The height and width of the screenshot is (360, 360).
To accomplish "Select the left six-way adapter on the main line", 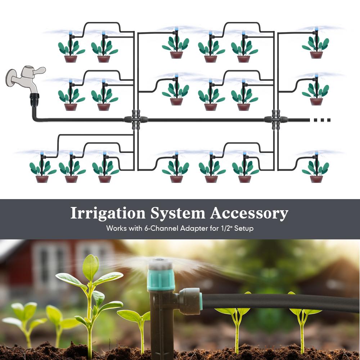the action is pyautogui.click(x=136, y=120).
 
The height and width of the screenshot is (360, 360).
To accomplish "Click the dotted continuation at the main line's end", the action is pyautogui.click(x=320, y=120).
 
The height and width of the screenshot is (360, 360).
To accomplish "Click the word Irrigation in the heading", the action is pyautogui.click(x=108, y=213).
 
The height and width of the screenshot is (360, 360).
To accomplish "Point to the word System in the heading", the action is pyautogui.click(x=177, y=213).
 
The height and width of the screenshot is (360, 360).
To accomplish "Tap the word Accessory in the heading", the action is pyautogui.click(x=249, y=213).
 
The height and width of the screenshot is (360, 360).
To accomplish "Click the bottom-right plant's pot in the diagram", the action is pyautogui.click(x=316, y=179).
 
